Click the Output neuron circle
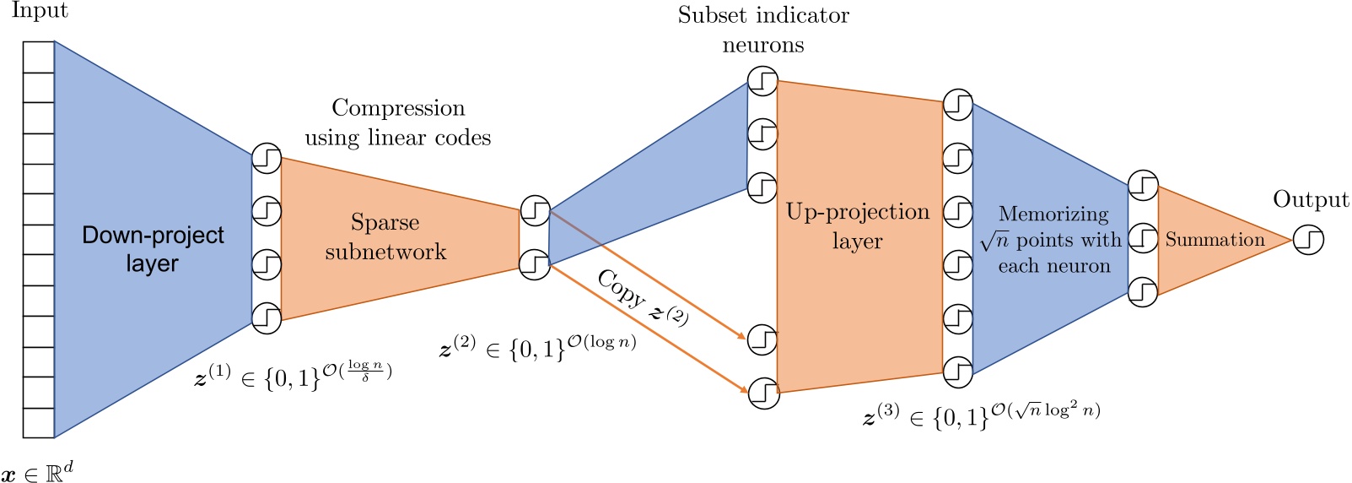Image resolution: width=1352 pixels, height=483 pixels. tap(1308, 240)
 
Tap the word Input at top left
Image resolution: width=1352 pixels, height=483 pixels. tap(40, 12)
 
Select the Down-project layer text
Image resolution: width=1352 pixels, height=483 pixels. tap(153, 249)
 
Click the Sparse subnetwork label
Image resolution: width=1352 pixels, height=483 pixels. tap(385, 237)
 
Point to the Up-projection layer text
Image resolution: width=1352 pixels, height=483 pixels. tap(858, 226)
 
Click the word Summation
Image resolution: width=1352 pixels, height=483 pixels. tap(1215, 240)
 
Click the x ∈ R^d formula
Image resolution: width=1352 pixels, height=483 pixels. tap(37, 469)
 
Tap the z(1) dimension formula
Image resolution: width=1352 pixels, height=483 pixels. tap(293, 375)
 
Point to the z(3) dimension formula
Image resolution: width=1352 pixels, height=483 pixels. tap(981, 414)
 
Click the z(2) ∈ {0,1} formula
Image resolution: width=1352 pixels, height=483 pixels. tap(537, 345)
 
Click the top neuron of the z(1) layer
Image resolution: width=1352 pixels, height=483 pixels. tap(267, 158)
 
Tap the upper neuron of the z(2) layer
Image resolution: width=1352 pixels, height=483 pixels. tap(535, 210)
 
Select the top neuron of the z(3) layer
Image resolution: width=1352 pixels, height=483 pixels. tap(957, 105)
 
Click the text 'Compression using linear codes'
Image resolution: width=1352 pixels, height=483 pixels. tap(398, 122)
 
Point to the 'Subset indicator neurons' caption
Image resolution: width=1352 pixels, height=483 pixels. tap(763, 30)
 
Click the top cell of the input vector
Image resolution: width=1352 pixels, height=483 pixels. tap(39, 57)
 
